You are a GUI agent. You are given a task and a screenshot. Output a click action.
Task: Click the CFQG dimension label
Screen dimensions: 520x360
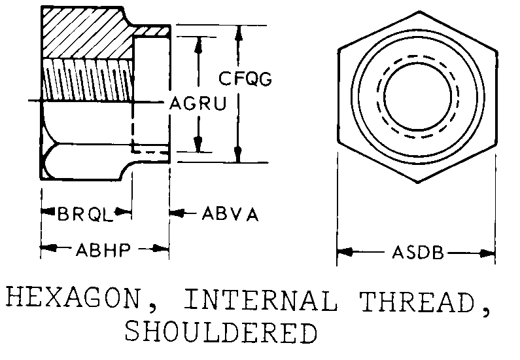pyautogui.click(x=245, y=79)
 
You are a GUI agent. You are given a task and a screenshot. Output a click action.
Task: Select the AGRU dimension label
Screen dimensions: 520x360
pyautogui.click(x=198, y=103)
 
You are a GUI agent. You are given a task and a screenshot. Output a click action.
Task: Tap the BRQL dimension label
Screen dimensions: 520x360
pyautogui.click(x=86, y=214)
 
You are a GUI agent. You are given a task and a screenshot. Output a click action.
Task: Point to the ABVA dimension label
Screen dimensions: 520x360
pyautogui.click(x=230, y=214)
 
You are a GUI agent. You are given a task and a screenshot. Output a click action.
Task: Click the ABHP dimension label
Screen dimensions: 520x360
pyautogui.click(x=103, y=249)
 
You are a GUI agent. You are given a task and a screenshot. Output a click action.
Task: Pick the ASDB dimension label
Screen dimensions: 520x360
pyautogui.click(x=417, y=253)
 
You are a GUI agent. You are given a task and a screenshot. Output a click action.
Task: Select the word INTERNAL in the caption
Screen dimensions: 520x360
pyautogui.click(x=260, y=300)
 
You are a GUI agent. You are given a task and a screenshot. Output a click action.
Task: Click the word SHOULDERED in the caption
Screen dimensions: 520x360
pyautogui.click(x=221, y=332)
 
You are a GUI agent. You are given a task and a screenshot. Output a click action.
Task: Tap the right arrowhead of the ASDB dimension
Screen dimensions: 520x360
pyautogui.click(x=487, y=253)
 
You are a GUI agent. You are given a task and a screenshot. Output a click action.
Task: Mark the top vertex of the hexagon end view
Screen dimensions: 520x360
pyautogui.click(x=419, y=12)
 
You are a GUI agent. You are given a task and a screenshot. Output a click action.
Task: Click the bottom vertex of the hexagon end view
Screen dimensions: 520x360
pyautogui.click(x=418, y=182)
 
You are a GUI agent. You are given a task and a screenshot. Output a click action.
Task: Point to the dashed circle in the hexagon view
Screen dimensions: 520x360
pyautogui.click(x=418, y=56)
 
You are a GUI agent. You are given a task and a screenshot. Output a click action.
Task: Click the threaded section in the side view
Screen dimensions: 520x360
pyautogui.click(x=88, y=80)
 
